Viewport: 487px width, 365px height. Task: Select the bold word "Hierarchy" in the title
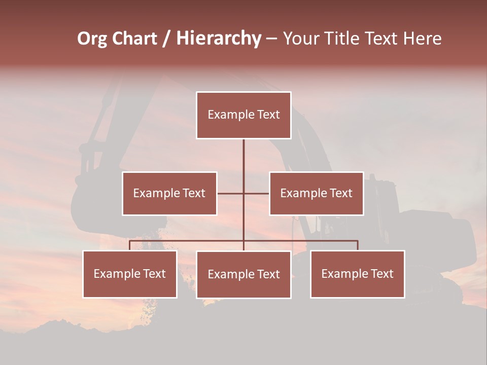[219, 39]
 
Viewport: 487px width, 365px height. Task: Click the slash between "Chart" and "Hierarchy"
[166, 39]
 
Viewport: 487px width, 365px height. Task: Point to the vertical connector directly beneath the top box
[243, 157]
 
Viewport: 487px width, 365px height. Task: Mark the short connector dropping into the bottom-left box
[130, 245]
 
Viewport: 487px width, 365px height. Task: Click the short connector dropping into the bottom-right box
[358, 245]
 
